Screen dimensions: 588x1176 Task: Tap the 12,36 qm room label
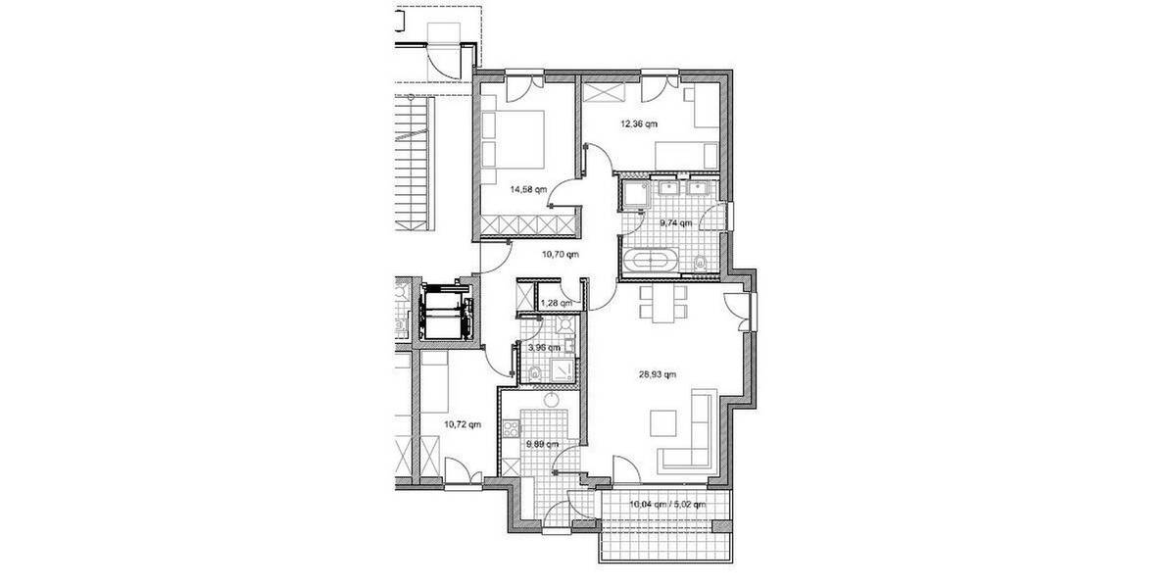[x=638, y=124]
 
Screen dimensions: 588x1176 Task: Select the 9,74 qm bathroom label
[x=676, y=223]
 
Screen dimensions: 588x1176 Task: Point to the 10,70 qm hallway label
[x=561, y=254]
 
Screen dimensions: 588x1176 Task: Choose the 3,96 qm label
[x=545, y=347]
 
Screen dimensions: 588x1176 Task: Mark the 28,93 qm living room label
[x=656, y=373]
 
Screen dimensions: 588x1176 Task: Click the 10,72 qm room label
[x=463, y=425]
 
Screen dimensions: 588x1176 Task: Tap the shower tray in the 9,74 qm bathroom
[x=633, y=194]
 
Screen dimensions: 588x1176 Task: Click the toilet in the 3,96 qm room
[x=534, y=372]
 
